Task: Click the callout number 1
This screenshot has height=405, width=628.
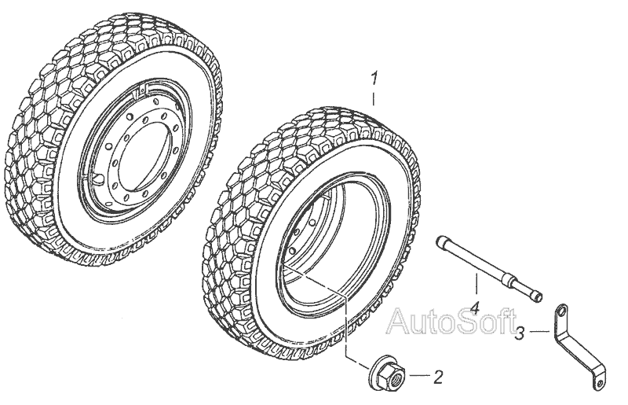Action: pos(374,79)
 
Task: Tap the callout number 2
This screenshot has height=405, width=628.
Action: pos(438,377)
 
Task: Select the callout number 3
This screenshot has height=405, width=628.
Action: pos(520,333)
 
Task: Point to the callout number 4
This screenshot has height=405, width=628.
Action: pos(474,308)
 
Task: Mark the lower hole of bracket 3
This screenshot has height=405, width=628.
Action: pos(599,384)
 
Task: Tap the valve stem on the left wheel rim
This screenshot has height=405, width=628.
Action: pos(100,177)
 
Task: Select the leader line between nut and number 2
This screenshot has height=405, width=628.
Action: pos(420,376)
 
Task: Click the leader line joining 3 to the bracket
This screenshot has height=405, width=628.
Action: pos(539,332)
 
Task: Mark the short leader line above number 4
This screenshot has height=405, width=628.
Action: pos(476,285)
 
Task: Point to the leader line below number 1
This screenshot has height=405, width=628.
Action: pos(374,99)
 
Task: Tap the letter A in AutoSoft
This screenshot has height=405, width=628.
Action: pos(399,321)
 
